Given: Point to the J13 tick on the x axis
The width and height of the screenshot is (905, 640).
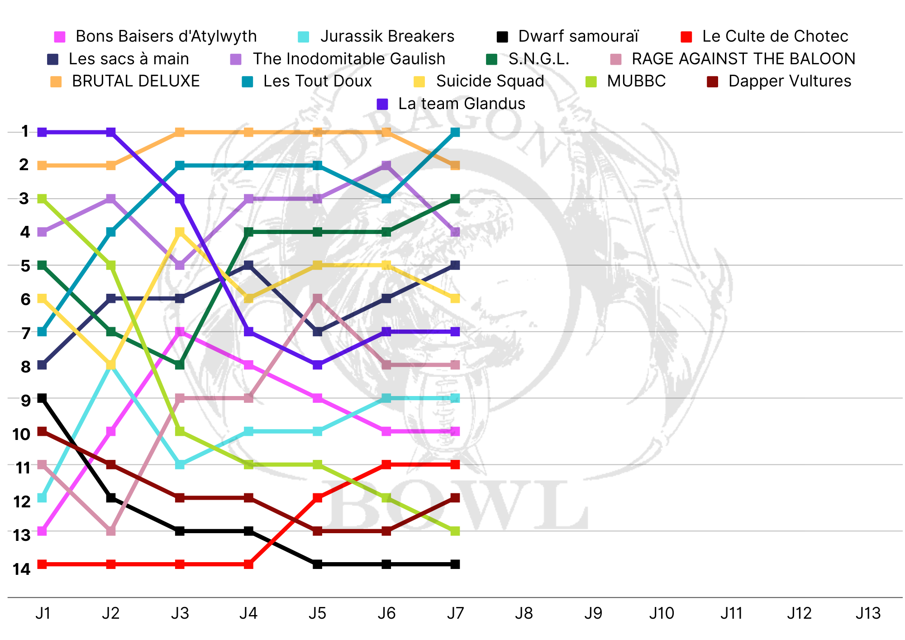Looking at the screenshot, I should tap(868, 614).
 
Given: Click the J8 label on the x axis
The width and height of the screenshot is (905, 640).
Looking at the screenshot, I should tap(524, 614).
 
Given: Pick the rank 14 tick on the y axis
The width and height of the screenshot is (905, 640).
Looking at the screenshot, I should tap(21, 569).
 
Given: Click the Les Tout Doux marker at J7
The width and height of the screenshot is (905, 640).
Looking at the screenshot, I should tap(455, 132).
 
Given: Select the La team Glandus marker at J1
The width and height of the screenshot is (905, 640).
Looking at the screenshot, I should tap(42, 132).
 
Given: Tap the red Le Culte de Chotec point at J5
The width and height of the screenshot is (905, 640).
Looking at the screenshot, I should tap(318, 498).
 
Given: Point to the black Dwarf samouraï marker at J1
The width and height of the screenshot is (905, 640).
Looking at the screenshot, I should tap(42, 398).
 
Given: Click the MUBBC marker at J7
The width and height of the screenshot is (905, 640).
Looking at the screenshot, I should tap(455, 531).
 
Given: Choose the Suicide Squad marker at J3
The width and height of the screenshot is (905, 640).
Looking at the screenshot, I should tap(180, 232).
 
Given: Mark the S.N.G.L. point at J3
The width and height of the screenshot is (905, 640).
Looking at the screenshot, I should tap(180, 365).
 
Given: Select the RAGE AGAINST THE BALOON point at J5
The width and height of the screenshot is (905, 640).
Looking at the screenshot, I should tap(318, 299).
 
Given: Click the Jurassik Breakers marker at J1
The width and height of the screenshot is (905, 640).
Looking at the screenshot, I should tap(42, 498).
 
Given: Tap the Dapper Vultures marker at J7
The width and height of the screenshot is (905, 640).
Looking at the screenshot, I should tap(455, 498).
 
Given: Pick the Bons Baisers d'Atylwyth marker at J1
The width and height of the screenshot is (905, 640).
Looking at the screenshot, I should tap(42, 531).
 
